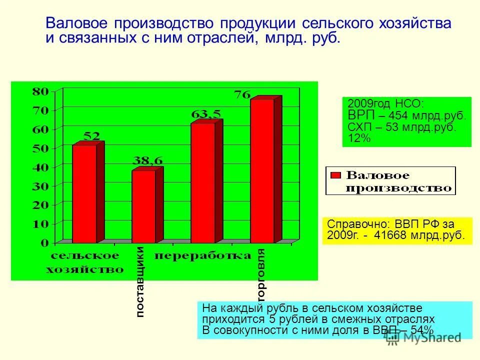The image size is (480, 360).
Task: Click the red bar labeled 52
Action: coord(84,193)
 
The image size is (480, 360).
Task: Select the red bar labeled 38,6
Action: coord(143,206)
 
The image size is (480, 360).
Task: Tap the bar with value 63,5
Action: coord(202,182)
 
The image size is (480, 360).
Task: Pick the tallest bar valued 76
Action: coord(262,170)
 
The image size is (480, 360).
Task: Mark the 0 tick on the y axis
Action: coord(44,243)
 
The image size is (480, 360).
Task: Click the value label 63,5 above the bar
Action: coord(206,114)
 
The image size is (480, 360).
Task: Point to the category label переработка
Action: coord(202,256)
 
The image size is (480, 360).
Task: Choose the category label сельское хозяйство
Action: coord(84,263)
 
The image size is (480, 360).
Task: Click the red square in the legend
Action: coord(336,175)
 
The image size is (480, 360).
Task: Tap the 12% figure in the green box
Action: coord(359,138)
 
